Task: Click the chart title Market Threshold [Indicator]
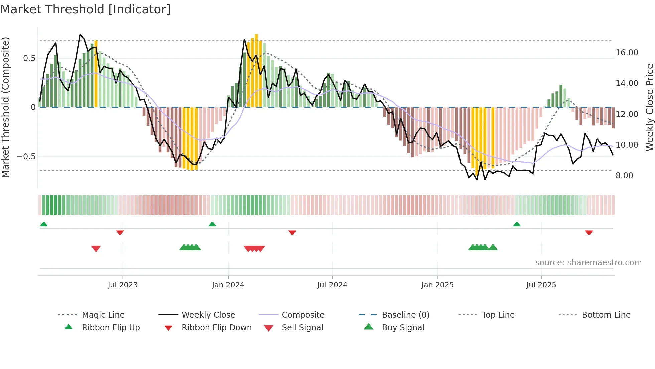86,9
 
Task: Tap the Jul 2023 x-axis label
123,285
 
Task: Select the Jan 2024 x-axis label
228,285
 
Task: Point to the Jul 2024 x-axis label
332,285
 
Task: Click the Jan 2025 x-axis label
437,285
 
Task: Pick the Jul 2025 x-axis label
541,285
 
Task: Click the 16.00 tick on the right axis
627,53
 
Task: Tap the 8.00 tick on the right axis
624,176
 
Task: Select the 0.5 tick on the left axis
29,58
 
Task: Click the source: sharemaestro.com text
588,263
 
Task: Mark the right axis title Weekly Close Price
649,107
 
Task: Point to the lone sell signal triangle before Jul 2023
96,249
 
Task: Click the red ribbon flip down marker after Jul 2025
589,232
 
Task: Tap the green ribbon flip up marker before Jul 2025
517,224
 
